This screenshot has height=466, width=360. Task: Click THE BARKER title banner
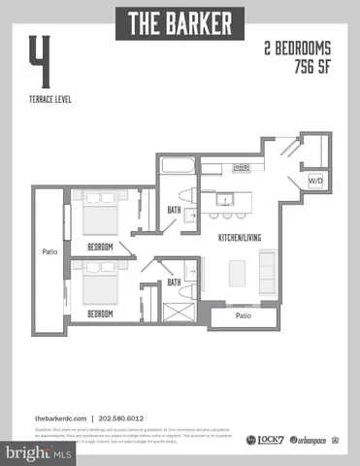pos(180,22)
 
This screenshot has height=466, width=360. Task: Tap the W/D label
pos(315,181)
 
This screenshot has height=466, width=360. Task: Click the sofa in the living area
pos(269,270)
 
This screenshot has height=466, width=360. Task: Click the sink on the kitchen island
pos(225,200)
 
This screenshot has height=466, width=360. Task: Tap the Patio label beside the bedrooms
pos(49,252)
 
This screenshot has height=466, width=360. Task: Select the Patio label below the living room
pos(245,316)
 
